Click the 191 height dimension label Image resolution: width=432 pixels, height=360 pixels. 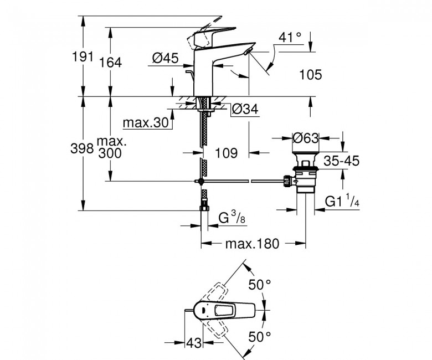point(83,56)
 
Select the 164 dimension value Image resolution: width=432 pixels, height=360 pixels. point(110,63)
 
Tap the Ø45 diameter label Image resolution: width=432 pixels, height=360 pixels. point(166,58)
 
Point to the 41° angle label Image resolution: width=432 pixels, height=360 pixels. point(290,37)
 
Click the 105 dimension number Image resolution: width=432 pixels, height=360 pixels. point(311,75)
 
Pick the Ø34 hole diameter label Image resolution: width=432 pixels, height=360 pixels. point(245,109)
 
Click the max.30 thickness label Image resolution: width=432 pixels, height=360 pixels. point(146,122)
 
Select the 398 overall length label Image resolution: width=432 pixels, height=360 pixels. point(82,149)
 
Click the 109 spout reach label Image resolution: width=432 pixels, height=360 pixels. point(226,153)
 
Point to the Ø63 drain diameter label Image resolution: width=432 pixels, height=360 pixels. point(306,138)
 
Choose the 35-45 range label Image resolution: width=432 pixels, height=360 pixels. point(342,161)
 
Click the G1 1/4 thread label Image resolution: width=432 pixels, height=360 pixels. point(342,200)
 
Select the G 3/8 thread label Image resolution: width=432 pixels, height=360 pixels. point(232,217)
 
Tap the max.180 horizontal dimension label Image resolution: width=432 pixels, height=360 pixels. point(252,244)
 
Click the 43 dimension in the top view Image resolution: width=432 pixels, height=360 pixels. point(194,343)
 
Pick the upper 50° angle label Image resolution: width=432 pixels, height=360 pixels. point(260,285)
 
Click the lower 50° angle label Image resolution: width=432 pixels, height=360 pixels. point(260,337)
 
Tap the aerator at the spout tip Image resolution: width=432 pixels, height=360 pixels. point(249,51)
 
